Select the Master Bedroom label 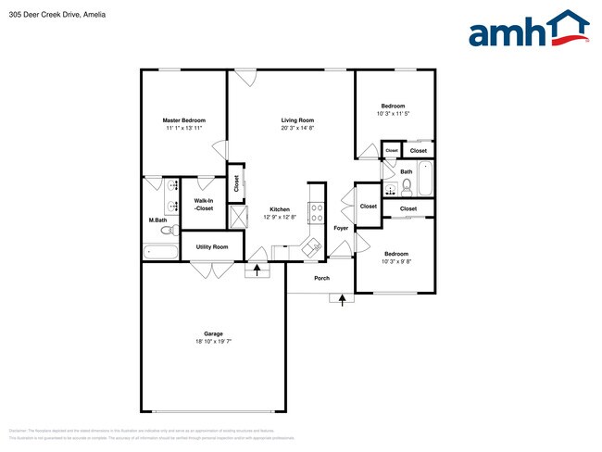click(183, 120)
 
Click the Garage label click(213, 333)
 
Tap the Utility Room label click(211, 246)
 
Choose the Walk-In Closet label click(204, 206)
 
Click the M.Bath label click(157, 220)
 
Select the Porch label click(321, 278)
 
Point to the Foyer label click(341, 227)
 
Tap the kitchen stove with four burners click(315, 212)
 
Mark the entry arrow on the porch click(344, 298)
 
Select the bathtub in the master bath click(161, 251)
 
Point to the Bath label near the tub click(407, 171)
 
